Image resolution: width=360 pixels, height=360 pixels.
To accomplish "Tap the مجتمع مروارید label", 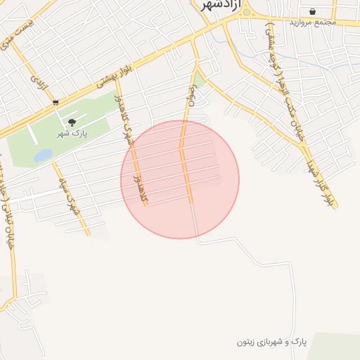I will (314, 22).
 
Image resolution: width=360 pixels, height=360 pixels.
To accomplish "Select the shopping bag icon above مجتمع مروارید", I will (312, 11).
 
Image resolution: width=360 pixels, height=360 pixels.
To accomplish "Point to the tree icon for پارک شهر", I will (72, 122).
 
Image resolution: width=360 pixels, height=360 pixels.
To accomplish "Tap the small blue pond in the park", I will (42, 155).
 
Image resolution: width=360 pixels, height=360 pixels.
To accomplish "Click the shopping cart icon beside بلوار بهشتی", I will (56, 103).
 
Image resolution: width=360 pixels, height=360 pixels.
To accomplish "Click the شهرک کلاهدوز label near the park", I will (127, 120).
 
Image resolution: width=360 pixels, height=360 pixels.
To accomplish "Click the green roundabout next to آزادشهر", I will (246, 12).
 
